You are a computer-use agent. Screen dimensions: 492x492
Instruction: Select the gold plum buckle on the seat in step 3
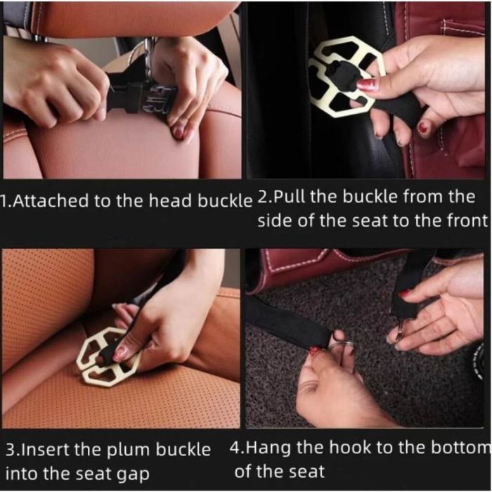[x=108, y=357]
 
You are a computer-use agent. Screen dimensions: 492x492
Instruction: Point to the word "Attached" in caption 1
[x=51, y=201]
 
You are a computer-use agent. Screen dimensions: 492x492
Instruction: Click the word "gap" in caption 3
[x=133, y=474]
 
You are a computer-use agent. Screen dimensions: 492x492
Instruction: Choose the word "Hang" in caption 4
[x=268, y=448]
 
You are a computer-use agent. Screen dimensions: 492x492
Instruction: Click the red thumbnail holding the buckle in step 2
[x=366, y=84]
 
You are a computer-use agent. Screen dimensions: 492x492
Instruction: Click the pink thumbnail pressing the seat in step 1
[x=179, y=133]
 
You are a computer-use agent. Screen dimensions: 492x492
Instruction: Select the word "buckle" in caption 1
[x=225, y=200]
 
